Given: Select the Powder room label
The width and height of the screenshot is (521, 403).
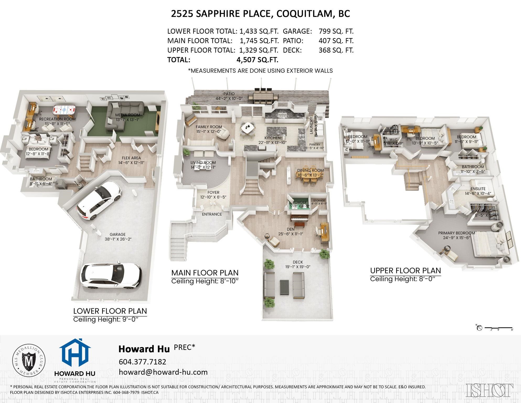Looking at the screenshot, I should click(x=299, y=203).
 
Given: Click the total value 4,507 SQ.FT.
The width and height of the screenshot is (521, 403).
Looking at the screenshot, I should click(x=257, y=60).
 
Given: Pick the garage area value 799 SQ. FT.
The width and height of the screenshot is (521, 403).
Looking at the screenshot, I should click(x=336, y=31).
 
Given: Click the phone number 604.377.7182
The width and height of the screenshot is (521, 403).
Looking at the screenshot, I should click(x=142, y=362).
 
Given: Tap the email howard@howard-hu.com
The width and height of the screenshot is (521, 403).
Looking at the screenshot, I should click(x=163, y=372).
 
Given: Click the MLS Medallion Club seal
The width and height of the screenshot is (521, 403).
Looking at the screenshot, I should click(x=29, y=360).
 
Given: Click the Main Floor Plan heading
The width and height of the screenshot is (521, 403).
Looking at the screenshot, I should click(x=205, y=273).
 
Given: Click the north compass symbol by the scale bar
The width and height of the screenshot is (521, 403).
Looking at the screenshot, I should click(x=479, y=328).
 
